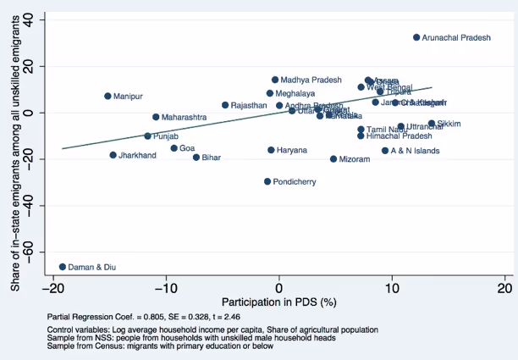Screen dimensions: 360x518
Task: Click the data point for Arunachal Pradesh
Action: (x=416, y=37)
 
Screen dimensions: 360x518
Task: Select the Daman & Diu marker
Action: (x=62, y=267)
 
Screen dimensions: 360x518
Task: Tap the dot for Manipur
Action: (x=107, y=97)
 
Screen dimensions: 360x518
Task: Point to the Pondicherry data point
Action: (x=267, y=181)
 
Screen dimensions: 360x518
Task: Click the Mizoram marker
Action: (x=333, y=158)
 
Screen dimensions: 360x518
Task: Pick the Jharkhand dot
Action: (x=113, y=155)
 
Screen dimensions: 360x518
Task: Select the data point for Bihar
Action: (x=196, y=158)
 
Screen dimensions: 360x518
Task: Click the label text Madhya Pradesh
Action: (x=311, y=80)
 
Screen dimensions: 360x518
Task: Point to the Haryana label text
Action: (x=292, y=150)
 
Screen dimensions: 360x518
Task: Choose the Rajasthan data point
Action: (x=225, y=105)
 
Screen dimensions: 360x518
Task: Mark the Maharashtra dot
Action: (x=156, y=117)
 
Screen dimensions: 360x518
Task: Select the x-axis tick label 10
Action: (x=392, y=287)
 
